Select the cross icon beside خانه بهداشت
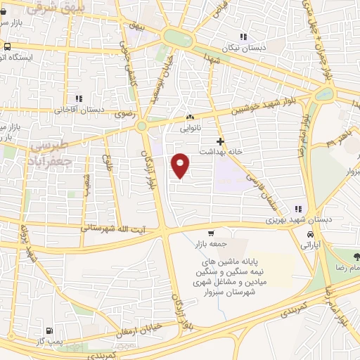coord(220,141)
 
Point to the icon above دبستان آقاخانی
coord(79,98)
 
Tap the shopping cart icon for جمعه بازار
coord(210,233)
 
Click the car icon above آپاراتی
coord(310,235)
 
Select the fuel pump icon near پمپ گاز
coord(48,330)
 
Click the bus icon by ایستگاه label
coord(6,47)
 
